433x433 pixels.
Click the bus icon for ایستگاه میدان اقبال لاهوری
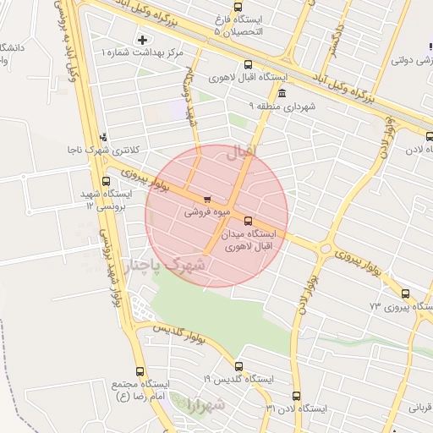pos(247,221)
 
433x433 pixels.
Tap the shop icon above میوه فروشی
pos(207,200)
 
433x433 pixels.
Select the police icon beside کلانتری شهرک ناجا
pos(104,136)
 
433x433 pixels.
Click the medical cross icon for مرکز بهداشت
pos(142,40)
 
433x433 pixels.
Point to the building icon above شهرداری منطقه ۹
pos(281,93)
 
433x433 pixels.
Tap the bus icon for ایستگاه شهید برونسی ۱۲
pos(107,181)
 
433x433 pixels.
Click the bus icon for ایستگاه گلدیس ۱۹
pos(238,367)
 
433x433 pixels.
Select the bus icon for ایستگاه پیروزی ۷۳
pos(406,293)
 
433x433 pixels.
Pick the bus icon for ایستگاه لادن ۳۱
pos(296,396)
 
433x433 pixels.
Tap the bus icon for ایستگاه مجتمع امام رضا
pos(139,372)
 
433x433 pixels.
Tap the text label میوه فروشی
pos(204,213)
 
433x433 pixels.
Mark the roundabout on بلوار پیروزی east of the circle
pos(326,249)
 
